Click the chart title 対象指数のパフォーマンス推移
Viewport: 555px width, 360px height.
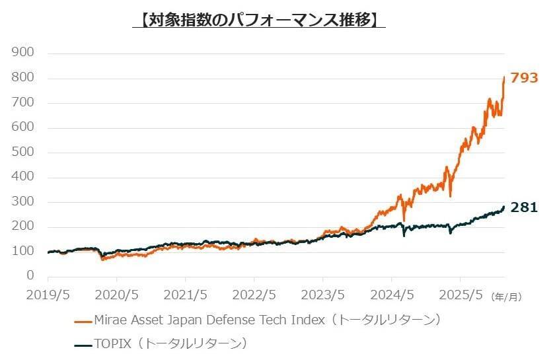(x=259, y=19)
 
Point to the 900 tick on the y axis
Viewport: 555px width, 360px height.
(x=23, y=53)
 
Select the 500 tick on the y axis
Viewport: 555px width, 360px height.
(x=23, y=153)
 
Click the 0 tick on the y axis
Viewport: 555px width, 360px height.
(x=30, y=276)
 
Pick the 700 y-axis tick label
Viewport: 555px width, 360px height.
(x=23, y=103)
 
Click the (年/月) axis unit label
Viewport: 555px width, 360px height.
(x=506, y=297)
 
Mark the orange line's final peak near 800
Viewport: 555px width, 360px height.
(x=505, y=77)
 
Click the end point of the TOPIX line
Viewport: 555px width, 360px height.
(x=505, y=207)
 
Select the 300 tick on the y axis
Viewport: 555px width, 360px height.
(x=23, y=202)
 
